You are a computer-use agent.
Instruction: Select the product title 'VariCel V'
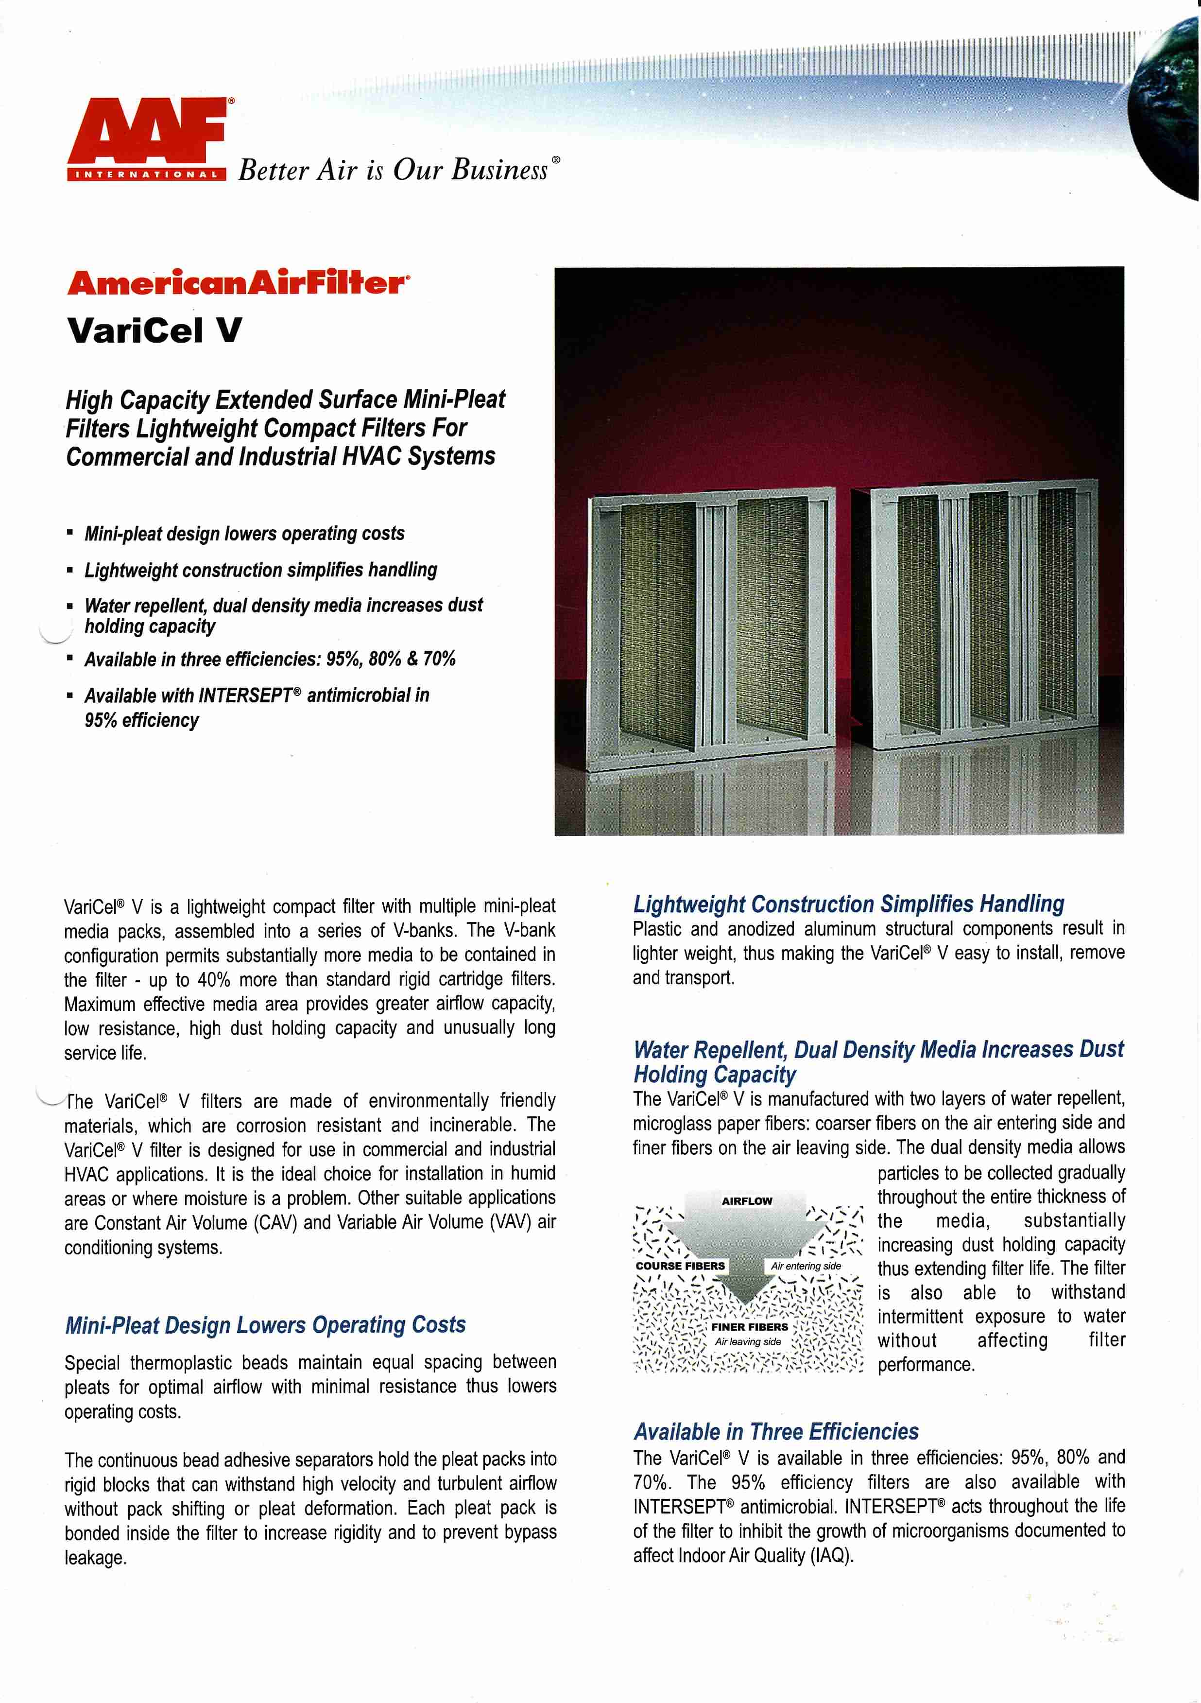pyautogui.click(x=154, y=330)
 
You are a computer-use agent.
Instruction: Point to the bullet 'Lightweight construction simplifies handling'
pyautogui.click(x=260, y=570)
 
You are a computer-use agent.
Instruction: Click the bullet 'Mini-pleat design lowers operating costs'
pyautogui.click(x=244, y=533)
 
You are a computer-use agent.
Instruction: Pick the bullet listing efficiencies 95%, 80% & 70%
pyautogui.click(x=270, y=659)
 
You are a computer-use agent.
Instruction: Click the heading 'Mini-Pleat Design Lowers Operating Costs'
pyautogui.click(x=265, y=1325)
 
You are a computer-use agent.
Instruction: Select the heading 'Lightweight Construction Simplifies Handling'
pyautogui.click(x=848, y=904)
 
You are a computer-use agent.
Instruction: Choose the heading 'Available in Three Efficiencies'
pyautogui.click(x=775, y=1431)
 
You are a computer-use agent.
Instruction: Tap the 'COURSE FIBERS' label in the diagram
pyautogui.click(x=680, y=1266)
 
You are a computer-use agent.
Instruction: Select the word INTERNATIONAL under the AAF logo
pyautogui.click(x=147, y=175)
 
